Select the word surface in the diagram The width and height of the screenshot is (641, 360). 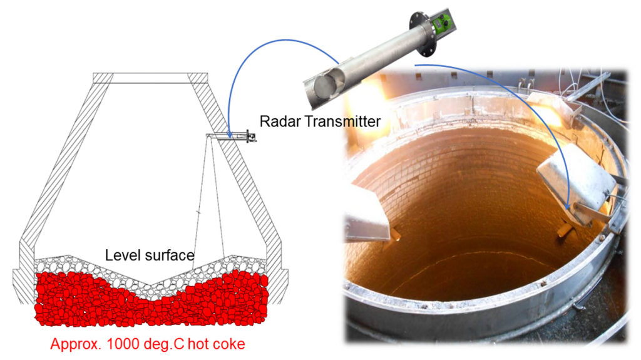[x=169, y=255]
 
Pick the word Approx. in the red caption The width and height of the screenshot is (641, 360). [x=76, y=344]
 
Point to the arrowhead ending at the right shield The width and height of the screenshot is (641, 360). [x=567, y=207]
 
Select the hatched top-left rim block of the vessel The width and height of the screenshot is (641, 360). [x=103, y=78]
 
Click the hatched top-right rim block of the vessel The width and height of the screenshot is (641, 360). [x=198, y=78]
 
